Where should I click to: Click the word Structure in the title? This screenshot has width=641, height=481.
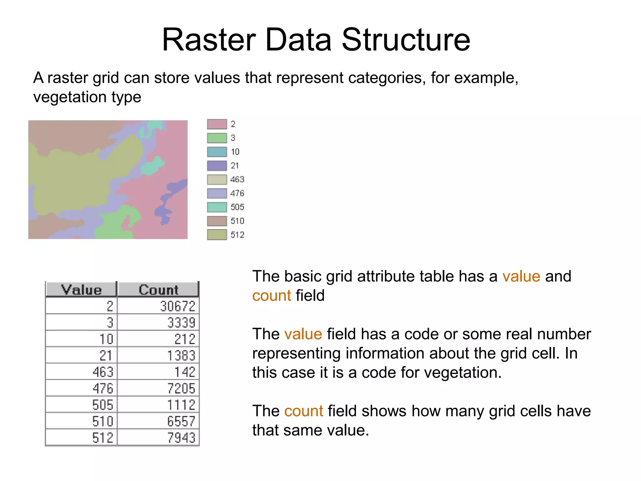tap(406, 40)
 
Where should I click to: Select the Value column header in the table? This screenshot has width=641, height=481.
tap(81, 290)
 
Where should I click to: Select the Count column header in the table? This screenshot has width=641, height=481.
tap(158, 290)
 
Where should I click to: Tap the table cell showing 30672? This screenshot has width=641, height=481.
tap(177, 306)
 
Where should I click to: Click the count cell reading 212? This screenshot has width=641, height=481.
tap(185, 339)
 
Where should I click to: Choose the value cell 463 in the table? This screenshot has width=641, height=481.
tap(103, 372)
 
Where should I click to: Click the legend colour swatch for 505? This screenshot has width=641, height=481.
tap(217, 207)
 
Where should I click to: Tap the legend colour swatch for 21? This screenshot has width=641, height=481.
tap(217, 166)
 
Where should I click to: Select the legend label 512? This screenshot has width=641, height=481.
tap(237, 235)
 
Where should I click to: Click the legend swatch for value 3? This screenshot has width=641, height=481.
tap(217, 138)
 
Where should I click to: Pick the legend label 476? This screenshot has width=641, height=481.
tap(237, 193)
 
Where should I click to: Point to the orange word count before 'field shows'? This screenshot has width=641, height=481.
tap(303, 411)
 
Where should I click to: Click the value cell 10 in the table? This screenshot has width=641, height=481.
tap(106, 339)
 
